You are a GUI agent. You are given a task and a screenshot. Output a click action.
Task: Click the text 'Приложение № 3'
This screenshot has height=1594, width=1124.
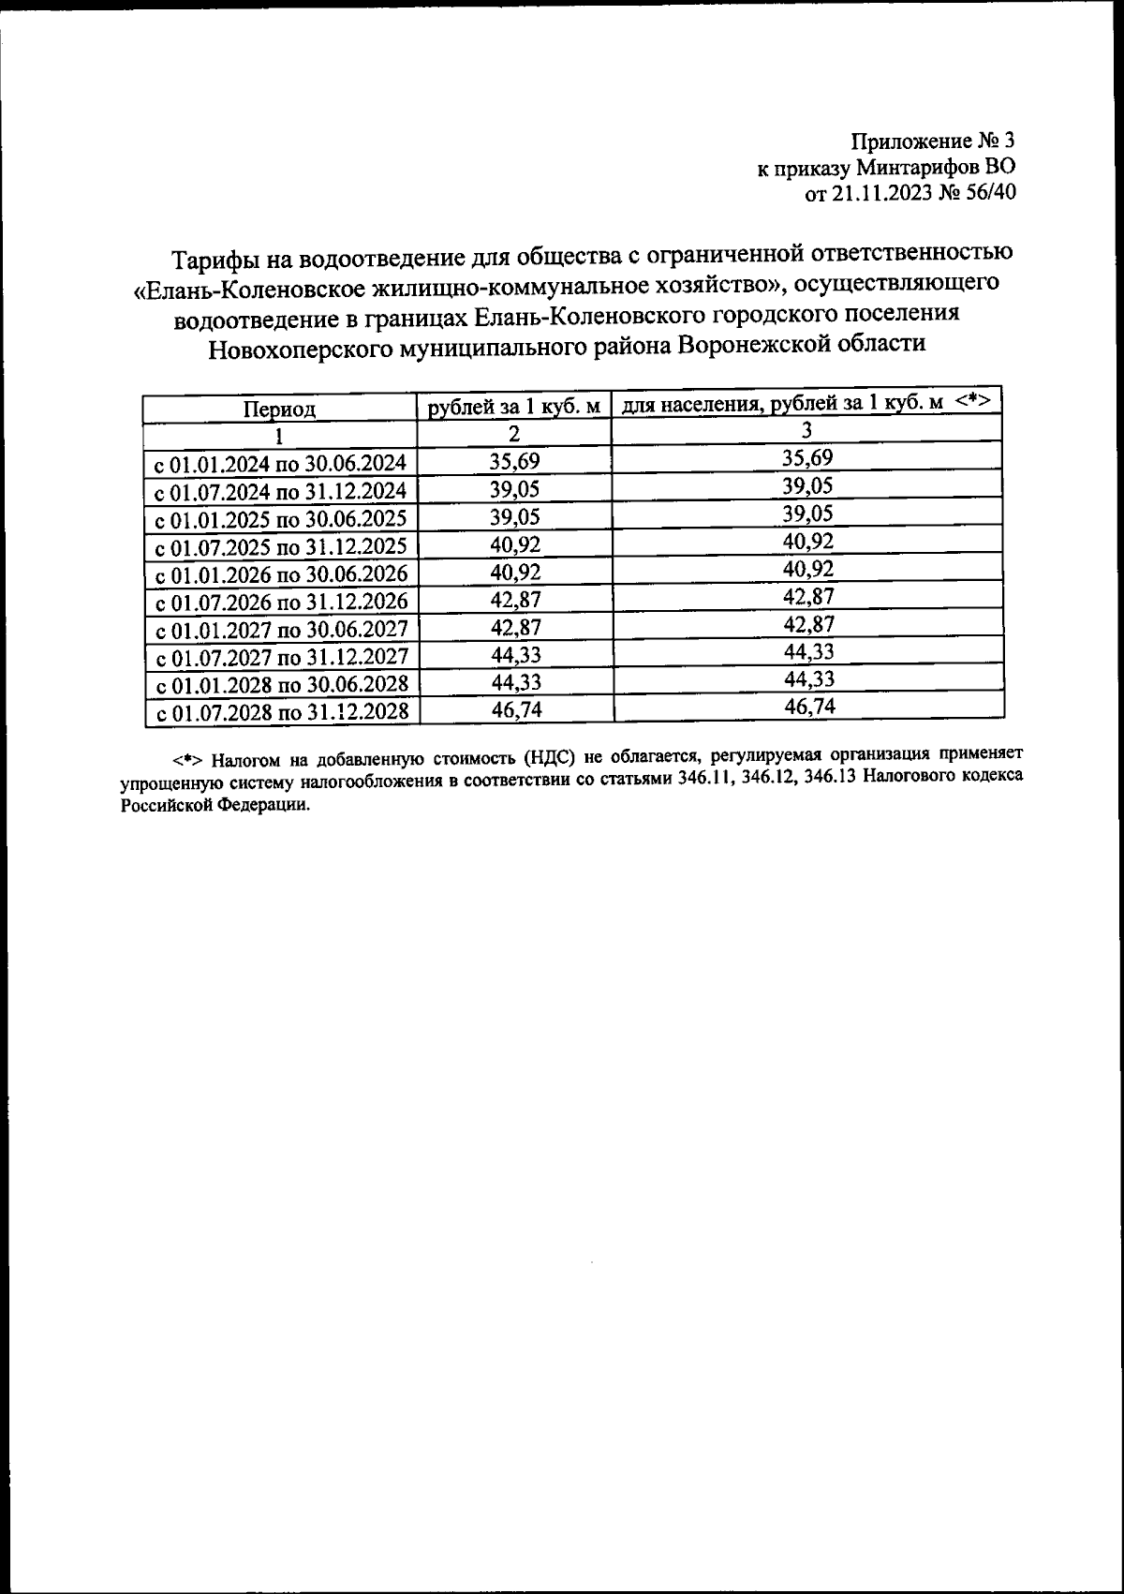click(932, 142)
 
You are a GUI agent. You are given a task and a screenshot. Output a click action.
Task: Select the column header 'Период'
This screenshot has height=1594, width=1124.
click(279, 410)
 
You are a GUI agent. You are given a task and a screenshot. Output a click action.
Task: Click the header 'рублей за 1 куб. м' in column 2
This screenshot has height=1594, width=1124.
click(513, 407)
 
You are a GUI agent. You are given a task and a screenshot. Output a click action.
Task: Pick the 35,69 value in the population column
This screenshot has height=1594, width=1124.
click(807, 458)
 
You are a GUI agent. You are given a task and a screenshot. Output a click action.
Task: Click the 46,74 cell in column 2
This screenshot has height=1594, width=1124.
click(515, 711)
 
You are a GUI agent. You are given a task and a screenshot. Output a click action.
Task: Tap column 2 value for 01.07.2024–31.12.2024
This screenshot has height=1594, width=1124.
click(515, 490)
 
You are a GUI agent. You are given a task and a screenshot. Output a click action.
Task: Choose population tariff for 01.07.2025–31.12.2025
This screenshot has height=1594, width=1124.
click(807, 541)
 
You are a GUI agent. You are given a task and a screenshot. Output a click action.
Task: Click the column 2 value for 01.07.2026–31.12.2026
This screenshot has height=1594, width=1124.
click(515, 601)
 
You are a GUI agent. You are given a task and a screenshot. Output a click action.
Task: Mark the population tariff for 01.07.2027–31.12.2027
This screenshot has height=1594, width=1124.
click(807, 651)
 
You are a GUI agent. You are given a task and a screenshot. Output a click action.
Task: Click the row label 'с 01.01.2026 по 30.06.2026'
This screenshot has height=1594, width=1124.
click(280, 574)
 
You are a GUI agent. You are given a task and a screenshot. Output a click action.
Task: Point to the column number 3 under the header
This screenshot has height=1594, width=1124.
click(806, 430)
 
